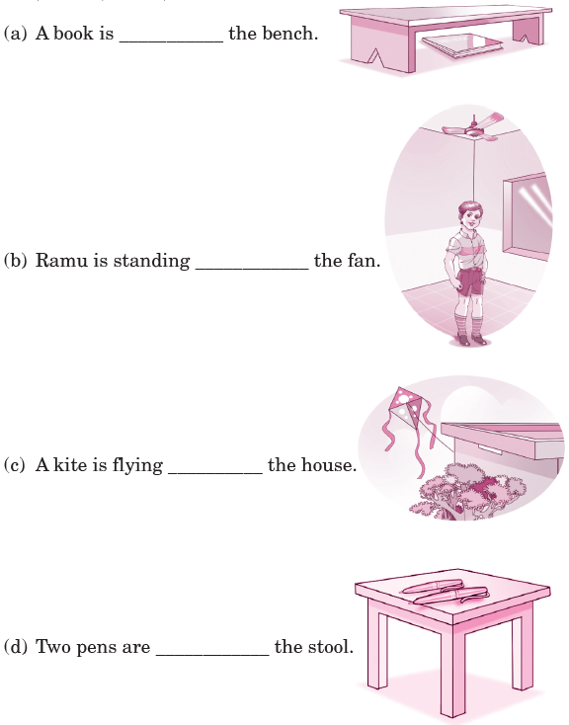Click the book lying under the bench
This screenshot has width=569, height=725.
(x=462, y=46)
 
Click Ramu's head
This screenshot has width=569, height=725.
(x=470, y=216)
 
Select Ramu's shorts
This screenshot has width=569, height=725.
(x=470, y=282)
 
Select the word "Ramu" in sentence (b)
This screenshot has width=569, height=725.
(x=61, y=261)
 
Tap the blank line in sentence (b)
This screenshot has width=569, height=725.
(x=252, y=269)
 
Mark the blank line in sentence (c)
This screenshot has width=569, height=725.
(x=215, y=473)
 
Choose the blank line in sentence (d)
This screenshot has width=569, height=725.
(x=212, y=655)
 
